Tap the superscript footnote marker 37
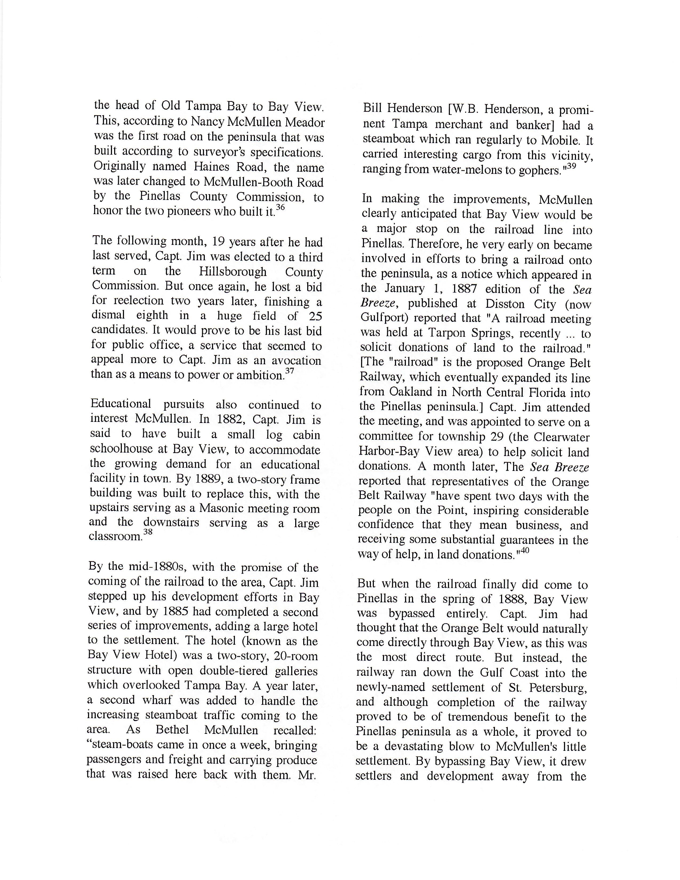289,371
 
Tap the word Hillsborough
233,272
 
